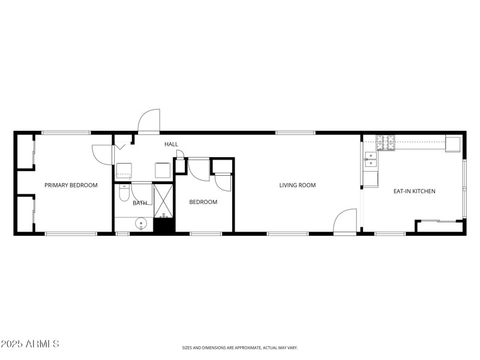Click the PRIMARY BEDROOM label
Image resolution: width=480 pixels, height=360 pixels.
coord(71,185)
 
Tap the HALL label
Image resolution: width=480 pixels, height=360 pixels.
coord(172,145)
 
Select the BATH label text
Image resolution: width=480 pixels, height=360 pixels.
coord(140,203)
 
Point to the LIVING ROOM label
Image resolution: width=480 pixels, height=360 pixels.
coord(298,185)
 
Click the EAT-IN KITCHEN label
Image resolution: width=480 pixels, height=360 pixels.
coord(414,191)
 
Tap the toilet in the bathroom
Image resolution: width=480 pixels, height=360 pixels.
coord(124,193)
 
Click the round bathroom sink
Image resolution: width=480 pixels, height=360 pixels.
coord(142,224)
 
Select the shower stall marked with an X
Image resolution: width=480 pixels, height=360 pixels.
coord(163,201)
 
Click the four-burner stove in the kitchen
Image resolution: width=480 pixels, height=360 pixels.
coord(386,143)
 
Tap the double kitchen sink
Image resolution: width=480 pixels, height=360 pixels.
coord(371,159)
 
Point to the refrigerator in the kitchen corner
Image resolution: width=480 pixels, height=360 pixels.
coord(452,144)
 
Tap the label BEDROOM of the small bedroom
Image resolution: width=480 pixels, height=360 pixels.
coord(203,202)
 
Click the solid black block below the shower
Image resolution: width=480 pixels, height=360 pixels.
coord(163,226)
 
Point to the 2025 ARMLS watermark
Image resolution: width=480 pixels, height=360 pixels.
coord(30,344)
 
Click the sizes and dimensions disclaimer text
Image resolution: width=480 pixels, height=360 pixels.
coord(240,347)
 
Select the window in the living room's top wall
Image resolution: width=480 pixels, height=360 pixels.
coord(295,132)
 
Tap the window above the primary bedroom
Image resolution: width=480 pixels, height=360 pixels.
coord(66,132)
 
